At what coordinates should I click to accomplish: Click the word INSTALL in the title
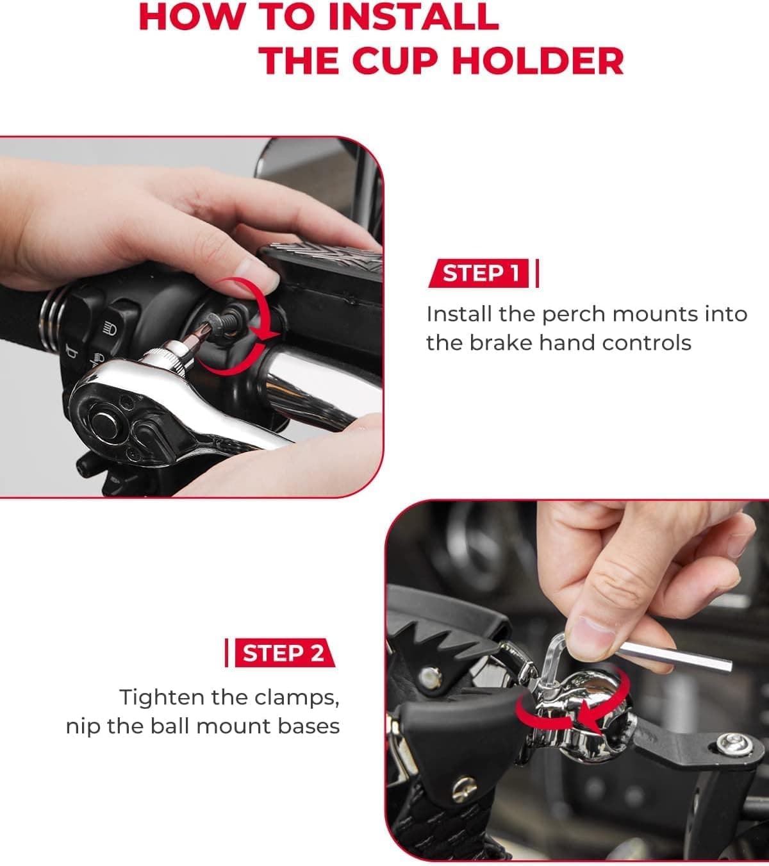[413, 17]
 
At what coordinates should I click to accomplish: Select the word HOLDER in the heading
[538, 61]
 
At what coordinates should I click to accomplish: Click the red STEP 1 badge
[479, 273]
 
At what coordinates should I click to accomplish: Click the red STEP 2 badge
[285, 653]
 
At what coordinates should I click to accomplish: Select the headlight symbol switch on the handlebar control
[110, 329]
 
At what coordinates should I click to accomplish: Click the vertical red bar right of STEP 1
[537, 273]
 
